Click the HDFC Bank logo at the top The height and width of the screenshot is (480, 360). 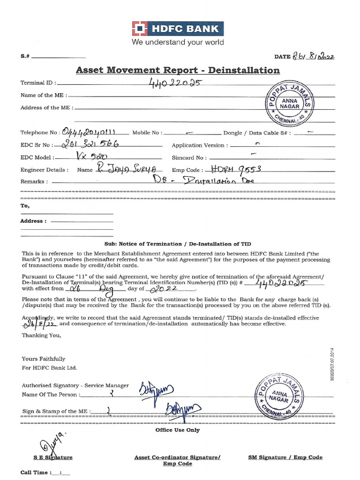coord(178,29)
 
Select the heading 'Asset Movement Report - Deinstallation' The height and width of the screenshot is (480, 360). coord(178,70)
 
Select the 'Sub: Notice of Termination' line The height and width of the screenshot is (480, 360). coord(178,244)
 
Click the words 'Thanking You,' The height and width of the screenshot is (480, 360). coord(41,335)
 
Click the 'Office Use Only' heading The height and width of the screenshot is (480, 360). coord(178,430)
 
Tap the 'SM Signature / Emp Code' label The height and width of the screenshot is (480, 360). coord(285,457)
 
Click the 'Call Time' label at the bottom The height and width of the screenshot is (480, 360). coord(34,472)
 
